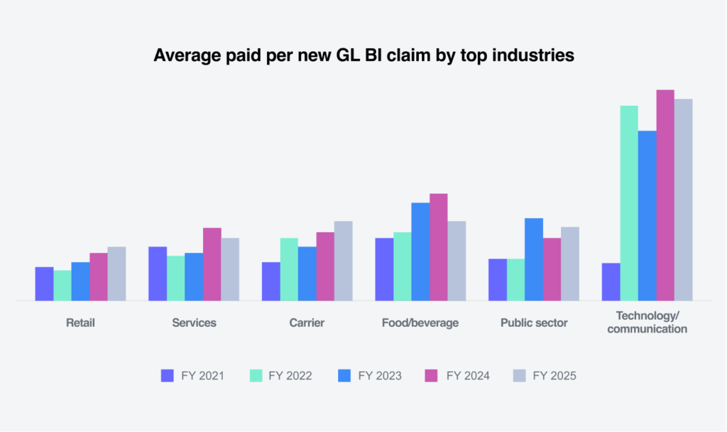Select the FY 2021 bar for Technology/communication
pyautogui.click(x=611, y=282)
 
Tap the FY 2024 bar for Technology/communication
pyautogui.click(x=665, y=195)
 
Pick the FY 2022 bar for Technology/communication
pyautogui.click(x=629, y=203)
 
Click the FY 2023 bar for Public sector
pyautogui.click(x=534, y=259)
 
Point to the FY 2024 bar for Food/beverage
pyautogui.click(x=439, y=247)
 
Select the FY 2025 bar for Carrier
pyautogui.click(x=344, y=261)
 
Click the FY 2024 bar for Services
pyautogui.click(x=212, y=264)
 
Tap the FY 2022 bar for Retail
pyautogui.click(x=62, y=286)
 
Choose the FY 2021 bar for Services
pyautogui.click(x=158, y=274)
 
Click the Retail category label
pyautogui.click(x=80, y=323)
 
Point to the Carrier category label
pyautogui.click(x=307, y=323)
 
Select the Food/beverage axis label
pyautogui.click(x=420, y=323)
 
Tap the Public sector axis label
pyautogui.click(x=534, y=323)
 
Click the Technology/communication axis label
pyautogui.click(x=647, y=323)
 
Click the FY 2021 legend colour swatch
pyautogui.click(x=168, y=376)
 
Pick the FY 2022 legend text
pyautogui.click(x=290, y=376)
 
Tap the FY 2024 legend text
pyautogui.click(x=468, y=376)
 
